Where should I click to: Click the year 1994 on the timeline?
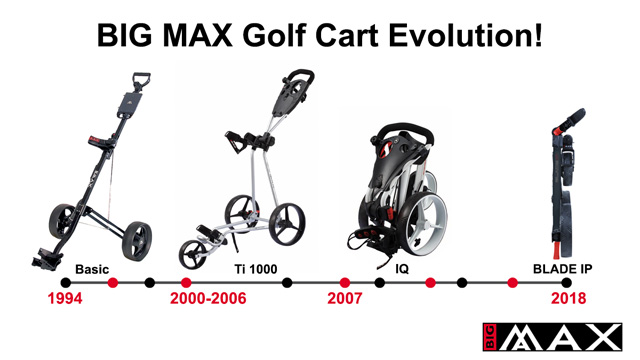click(x=65, y=298)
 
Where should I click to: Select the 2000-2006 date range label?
click(x=208, y=298)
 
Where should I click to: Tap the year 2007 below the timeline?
click(x=344, y=298)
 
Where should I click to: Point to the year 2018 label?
click(x=568, y=298)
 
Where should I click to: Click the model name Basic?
click(x=92, y=269)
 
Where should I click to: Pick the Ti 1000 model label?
click(x=256, y=269)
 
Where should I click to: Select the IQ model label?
click(x=402, y=269)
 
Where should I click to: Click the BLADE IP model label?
click(x=562, y=269)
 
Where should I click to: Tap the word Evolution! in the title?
click(x=466, y=35)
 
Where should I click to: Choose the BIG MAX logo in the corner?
click(x=552, y=337)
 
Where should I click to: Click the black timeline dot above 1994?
click(x=65, y=282)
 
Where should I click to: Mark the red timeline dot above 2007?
click(x=345, y=282)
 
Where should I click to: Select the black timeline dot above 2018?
click(x=566, y=282)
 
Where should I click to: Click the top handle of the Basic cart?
click(x=141, y=80)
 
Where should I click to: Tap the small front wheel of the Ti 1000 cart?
click(x=192, y=254)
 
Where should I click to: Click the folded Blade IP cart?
click(x=566, y=183)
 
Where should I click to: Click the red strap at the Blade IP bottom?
click(x=557, y=249)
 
